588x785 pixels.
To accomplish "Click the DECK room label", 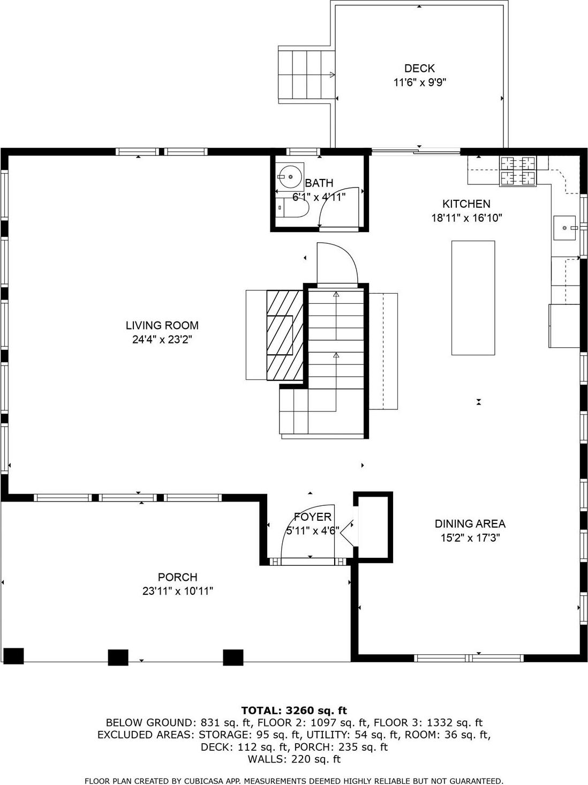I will pyautogui.click(x=419, y=68).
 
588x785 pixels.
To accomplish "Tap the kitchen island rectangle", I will pyautogui.click(x=473, y=297).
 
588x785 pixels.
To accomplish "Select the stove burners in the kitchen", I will pyautogui.click(x=518, y=171).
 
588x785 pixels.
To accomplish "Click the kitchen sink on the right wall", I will pyautogui.click(x=565, y=228).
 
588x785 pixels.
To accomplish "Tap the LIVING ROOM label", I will pyautogui.click(x=162, y=325).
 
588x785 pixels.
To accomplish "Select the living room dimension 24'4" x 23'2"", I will pyautogui.click(x=162, y=339).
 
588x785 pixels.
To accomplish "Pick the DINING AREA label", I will pyautogui.click(x=470, y=524).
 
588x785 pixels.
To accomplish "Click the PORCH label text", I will pyautogui.click(x=177, y=577).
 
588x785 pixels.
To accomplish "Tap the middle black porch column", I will pyautogui.click(x=118, y=657).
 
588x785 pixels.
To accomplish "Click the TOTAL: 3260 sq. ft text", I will pyautogui.click(x=294, y=711).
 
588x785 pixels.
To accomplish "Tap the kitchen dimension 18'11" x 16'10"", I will pyautogui.click(x=466, y=218).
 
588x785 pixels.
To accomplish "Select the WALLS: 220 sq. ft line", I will pyautogui.click(x=294, y=759).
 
